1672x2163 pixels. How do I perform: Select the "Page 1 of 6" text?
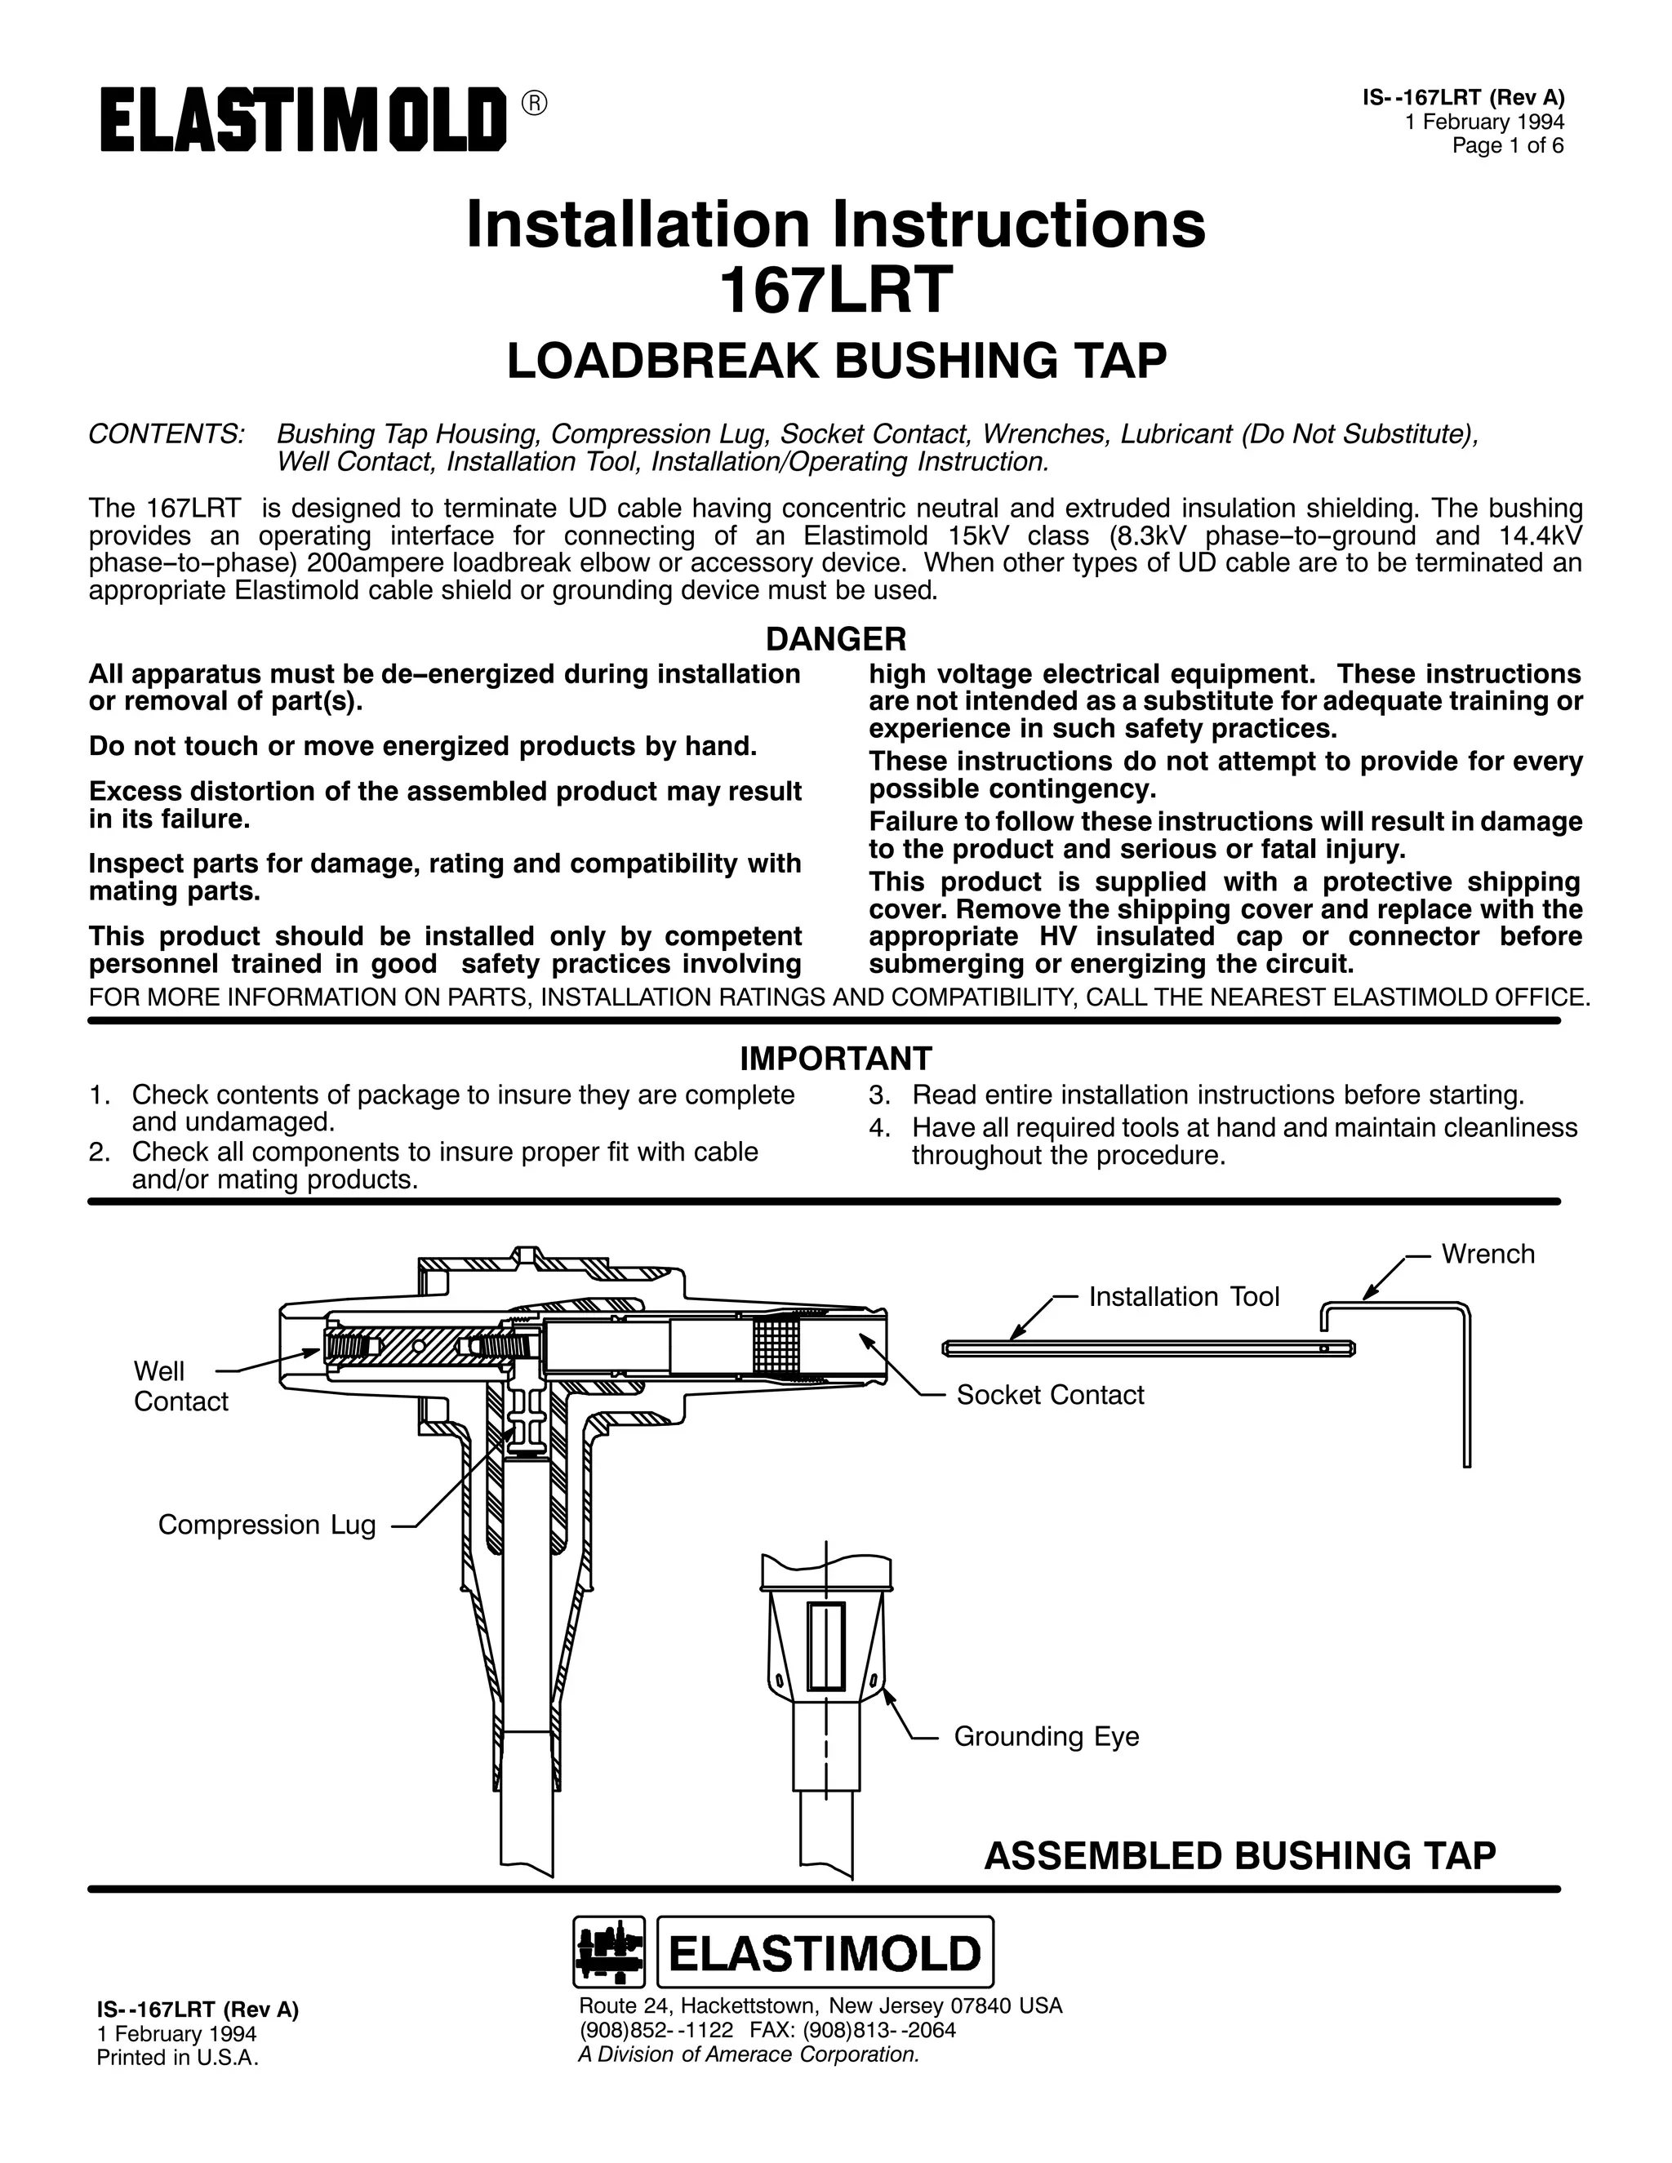(x=1508, y=145)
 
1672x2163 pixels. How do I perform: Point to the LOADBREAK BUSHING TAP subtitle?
(x=836, y=361)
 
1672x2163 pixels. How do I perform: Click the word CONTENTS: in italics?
(x=167, y=433)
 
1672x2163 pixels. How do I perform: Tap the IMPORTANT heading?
(x=836, y=1059)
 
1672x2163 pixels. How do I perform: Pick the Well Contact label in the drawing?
(x=180, y=1386)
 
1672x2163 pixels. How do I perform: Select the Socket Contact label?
(x=1050, y=1394)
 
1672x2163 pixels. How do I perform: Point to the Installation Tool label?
(x=1184, y=1296)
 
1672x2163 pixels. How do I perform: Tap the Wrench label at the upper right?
(x=1487, y=1254)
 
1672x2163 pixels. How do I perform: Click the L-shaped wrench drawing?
(x=1466, y=1387)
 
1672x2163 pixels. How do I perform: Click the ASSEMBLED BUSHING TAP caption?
(x=1239, y=1856)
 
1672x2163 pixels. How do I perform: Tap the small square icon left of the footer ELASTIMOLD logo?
(x=609, y=1952)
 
